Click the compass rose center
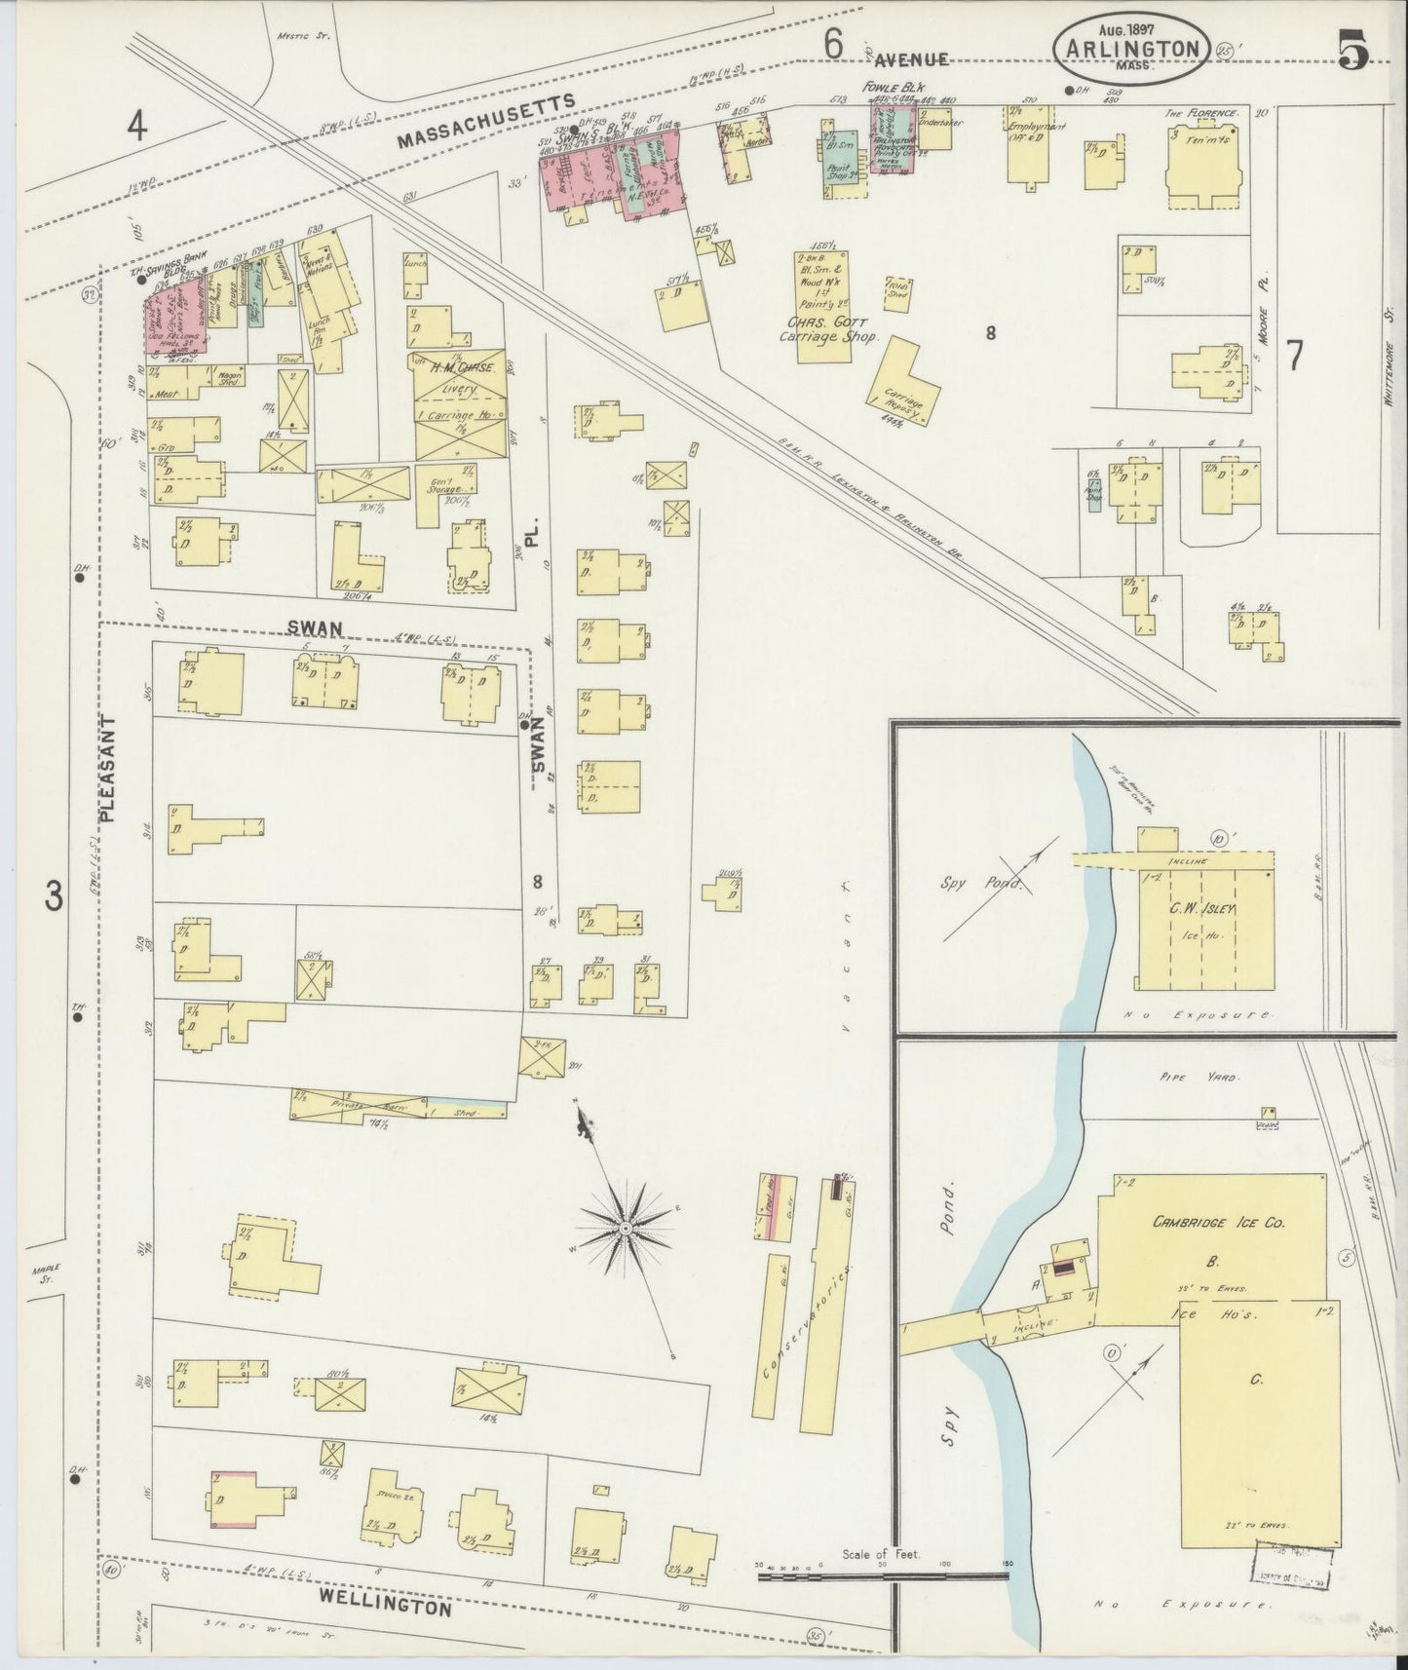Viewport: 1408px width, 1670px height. point(624,1229)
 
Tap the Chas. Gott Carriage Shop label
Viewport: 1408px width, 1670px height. point(829,328)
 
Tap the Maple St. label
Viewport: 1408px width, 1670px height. point(46,1272)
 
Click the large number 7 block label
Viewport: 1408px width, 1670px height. point(1294,358)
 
